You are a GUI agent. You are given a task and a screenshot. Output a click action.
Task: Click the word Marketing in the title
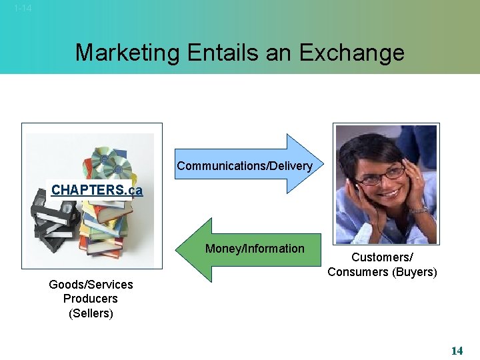[127, 53]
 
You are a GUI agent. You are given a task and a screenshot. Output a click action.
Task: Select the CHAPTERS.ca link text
[97, 190]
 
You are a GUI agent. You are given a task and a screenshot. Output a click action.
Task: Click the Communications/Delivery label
[245, 166]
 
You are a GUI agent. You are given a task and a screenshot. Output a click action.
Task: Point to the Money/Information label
[255, 249]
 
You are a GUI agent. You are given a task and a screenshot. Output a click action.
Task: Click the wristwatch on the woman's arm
[418, 209]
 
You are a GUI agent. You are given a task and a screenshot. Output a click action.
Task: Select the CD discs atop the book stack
[107, 160]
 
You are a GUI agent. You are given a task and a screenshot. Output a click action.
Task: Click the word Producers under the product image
[91, 299]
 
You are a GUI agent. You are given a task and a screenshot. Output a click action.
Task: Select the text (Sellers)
[91, 313]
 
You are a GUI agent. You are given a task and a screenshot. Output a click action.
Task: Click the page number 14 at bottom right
[457, 351]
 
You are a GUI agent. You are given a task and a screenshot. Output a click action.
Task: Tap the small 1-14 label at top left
[23, 9]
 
